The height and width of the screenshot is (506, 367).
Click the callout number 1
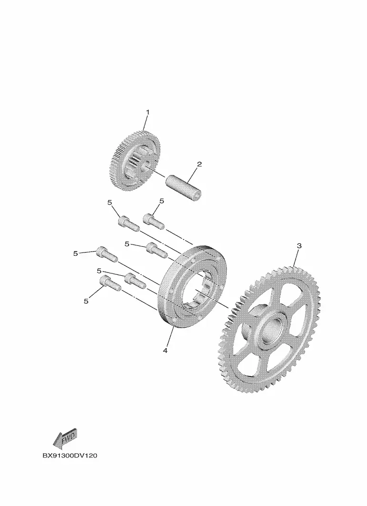(x=148, y=112)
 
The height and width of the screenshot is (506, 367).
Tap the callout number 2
(x=199, y=164)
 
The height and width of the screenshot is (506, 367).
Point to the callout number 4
(x=165, y=350)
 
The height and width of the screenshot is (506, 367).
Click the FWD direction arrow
(x=65, y=438)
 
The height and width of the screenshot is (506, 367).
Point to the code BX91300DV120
(x=70, y=456)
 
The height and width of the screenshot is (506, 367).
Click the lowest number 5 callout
(x=86, y=301)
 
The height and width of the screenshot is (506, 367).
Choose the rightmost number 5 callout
(x=162, y=201)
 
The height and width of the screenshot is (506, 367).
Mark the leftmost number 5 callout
(x=75, y=253)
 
